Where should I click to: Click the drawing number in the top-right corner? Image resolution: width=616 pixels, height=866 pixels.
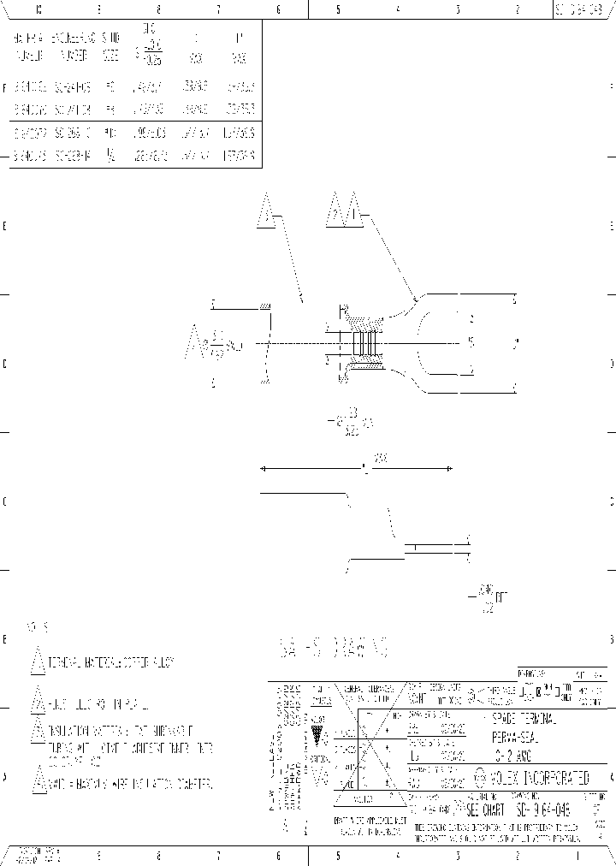click(x=583, y=9)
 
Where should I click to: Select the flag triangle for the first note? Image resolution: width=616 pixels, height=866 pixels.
click(x=37, y=661)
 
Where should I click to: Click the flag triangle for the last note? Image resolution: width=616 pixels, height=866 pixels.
click(x=37, y=780)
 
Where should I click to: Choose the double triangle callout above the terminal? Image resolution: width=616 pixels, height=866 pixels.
click(x=346, y=210)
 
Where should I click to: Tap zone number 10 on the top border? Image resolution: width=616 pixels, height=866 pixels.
click(x=38, y=9)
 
